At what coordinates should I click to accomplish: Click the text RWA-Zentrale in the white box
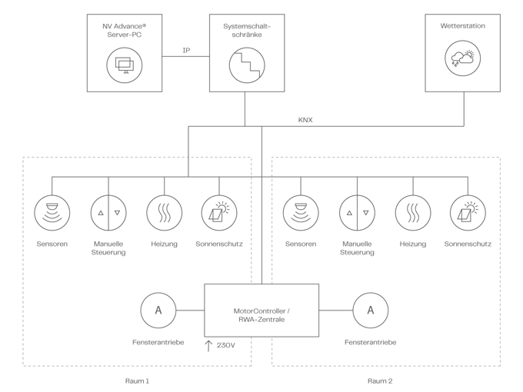261,319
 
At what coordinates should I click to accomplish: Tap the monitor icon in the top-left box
122,64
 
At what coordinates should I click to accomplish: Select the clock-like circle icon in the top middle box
245,64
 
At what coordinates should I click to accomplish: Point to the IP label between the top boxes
185,50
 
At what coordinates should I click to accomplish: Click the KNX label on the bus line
305,120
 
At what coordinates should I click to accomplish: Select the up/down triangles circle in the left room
108,211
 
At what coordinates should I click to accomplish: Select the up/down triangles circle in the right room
356,211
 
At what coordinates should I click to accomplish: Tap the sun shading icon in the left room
219,211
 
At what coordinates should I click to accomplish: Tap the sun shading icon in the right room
468,211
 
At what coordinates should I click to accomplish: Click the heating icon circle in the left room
164,211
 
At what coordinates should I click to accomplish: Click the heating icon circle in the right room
412,211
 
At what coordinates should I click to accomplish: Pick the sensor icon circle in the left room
52,211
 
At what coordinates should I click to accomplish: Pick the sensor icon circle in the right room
300,211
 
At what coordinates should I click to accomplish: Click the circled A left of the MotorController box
158,310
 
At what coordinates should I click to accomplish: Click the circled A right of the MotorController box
371,310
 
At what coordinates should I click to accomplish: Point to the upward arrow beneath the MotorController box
208,345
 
